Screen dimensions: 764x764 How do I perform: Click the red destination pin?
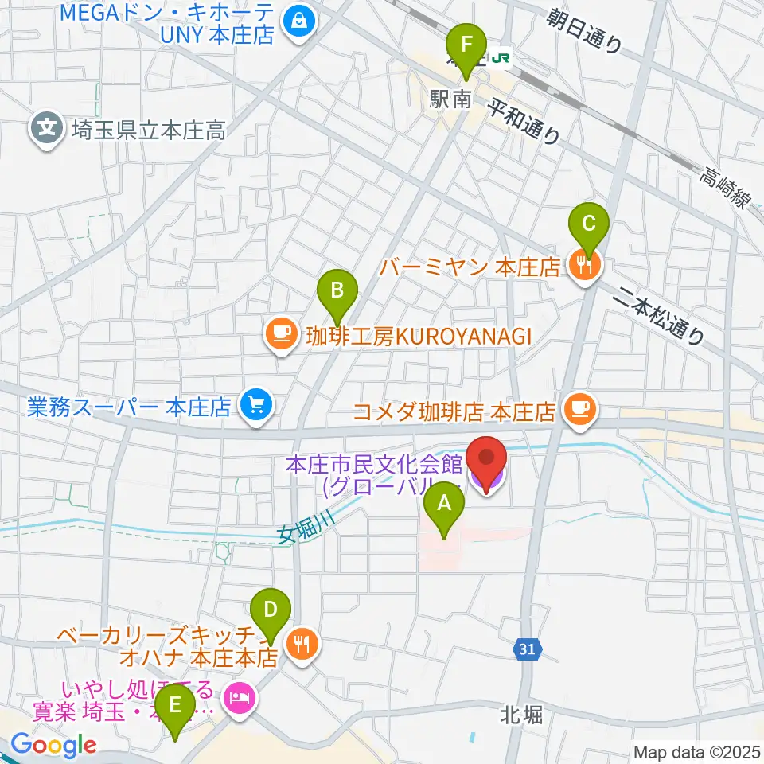[x=485, y=462]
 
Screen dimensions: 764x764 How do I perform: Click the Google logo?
[x=53, y=745]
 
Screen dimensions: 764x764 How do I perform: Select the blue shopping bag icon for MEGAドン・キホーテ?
[x=302, y=21]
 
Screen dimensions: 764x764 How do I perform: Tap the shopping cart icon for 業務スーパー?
[x=256, y=407]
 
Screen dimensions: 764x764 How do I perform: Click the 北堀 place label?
[x=523, y=714]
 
